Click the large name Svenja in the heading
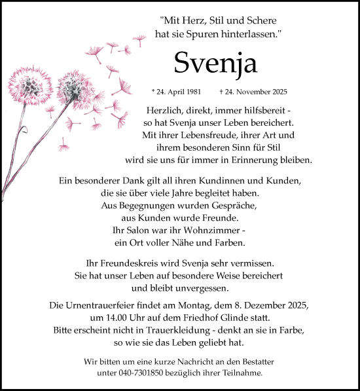[x=216, y=63]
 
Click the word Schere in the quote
[x=274, y=20]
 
